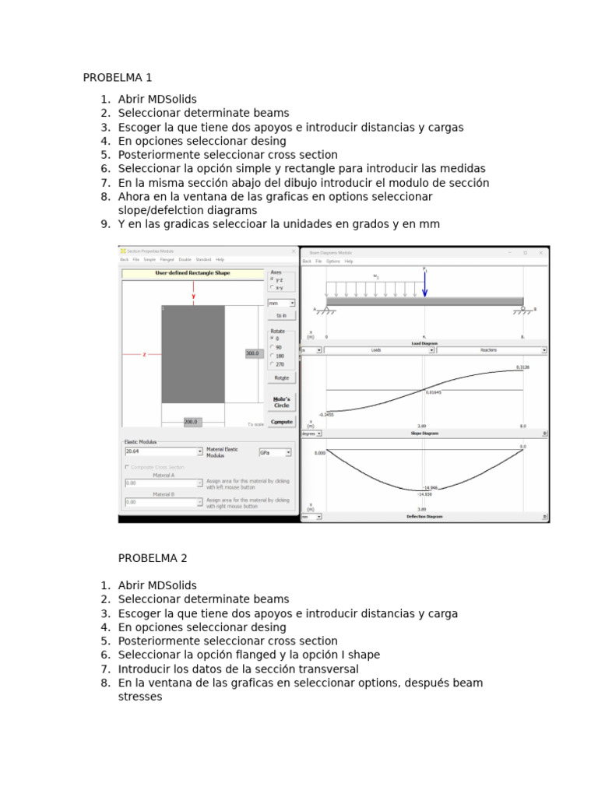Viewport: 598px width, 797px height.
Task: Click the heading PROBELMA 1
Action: [118, 78]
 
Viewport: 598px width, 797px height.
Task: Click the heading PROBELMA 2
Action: [153, 558]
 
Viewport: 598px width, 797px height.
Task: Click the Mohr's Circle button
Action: [281, 402]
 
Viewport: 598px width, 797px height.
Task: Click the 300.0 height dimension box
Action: [252, 353]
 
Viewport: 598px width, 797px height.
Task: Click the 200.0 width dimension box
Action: [192, 422]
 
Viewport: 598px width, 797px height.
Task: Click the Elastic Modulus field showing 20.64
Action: [162, 451]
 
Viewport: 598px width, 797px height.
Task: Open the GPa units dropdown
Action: [276, 451]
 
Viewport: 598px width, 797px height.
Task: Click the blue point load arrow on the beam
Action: [424, 283]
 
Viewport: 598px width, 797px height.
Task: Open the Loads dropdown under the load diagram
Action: [379, 350]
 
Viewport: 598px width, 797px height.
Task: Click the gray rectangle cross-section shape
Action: [193, 354]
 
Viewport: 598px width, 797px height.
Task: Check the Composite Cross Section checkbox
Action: [127, 467]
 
